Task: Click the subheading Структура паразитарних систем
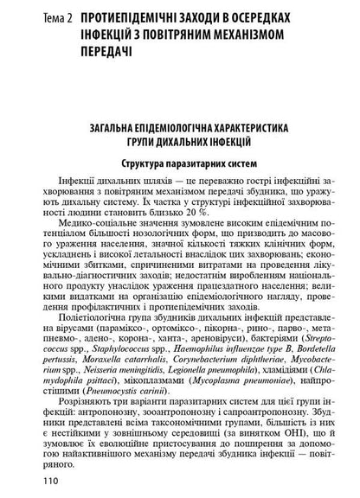pyautogui.click(x=180, y=163)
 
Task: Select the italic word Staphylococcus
pyautogui.click(x=90, y=366)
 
